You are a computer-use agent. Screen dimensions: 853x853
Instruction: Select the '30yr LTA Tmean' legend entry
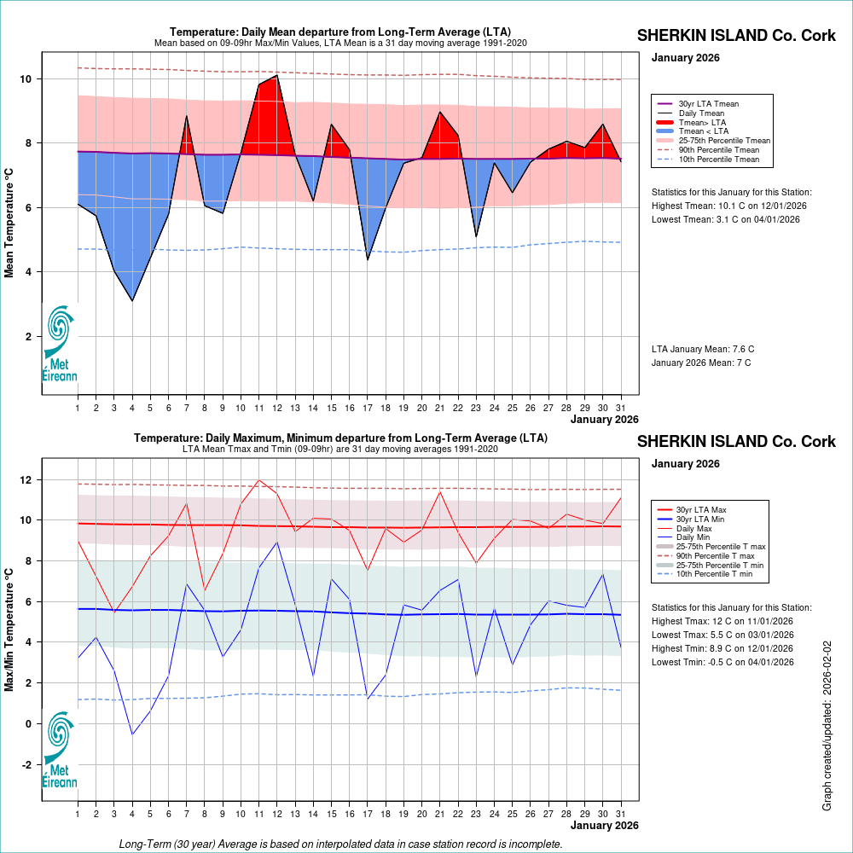pyautogui.click(x=708, y=103)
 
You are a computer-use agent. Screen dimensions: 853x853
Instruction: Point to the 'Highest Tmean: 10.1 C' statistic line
pyautogui.click(x=728, y=206)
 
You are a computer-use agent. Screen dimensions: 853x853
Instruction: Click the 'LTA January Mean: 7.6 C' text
pyautogui.click(x=703, y=349)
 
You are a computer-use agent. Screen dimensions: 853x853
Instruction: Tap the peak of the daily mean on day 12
pyautogui.click(x=277, y=76)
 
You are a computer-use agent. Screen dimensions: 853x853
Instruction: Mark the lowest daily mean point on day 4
pyautogui.click(x=132, y=300)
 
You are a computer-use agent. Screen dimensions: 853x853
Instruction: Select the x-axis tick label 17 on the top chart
pyautogui.click(x=368, y=407)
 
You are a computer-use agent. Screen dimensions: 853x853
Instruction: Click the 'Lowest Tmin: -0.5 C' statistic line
pyautogui.click(x=722, y=662)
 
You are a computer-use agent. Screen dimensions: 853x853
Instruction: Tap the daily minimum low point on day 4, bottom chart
pyautogui.click(x=132, y=734)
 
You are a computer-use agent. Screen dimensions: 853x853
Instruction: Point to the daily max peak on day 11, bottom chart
pyautogui.click(x=258, y=480)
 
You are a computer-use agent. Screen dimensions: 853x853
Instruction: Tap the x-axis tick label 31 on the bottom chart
pyautogui.click(x=621, y=813)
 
